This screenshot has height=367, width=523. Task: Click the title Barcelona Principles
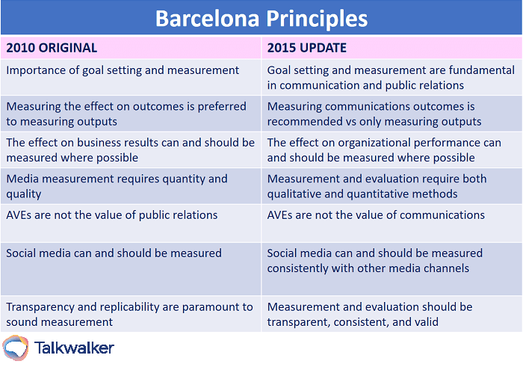pos(261,17)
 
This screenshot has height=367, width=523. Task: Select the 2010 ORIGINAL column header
pos(52,48)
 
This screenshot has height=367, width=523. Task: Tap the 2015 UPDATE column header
pos(306,48)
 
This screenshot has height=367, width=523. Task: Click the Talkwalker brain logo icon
pos(16,348)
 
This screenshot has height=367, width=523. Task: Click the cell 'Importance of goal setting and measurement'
pos(123,70)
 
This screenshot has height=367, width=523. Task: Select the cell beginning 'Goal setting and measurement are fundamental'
pos(391,77)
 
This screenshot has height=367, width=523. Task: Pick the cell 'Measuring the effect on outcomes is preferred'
pos(126,114)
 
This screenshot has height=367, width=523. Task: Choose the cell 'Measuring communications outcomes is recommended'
pos(374,114)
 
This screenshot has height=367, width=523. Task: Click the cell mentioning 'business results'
pos(130,149)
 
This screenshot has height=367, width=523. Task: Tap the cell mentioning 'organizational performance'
pos(384,149)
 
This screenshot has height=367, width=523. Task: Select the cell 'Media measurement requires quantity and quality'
pos(117,186)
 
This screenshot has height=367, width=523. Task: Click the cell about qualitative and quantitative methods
pos(377,186)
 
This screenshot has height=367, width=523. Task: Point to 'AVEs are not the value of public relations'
pos(111,215)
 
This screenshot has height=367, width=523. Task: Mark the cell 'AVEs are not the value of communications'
pos(376,215)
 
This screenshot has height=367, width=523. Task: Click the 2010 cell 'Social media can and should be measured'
pos(114,253)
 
